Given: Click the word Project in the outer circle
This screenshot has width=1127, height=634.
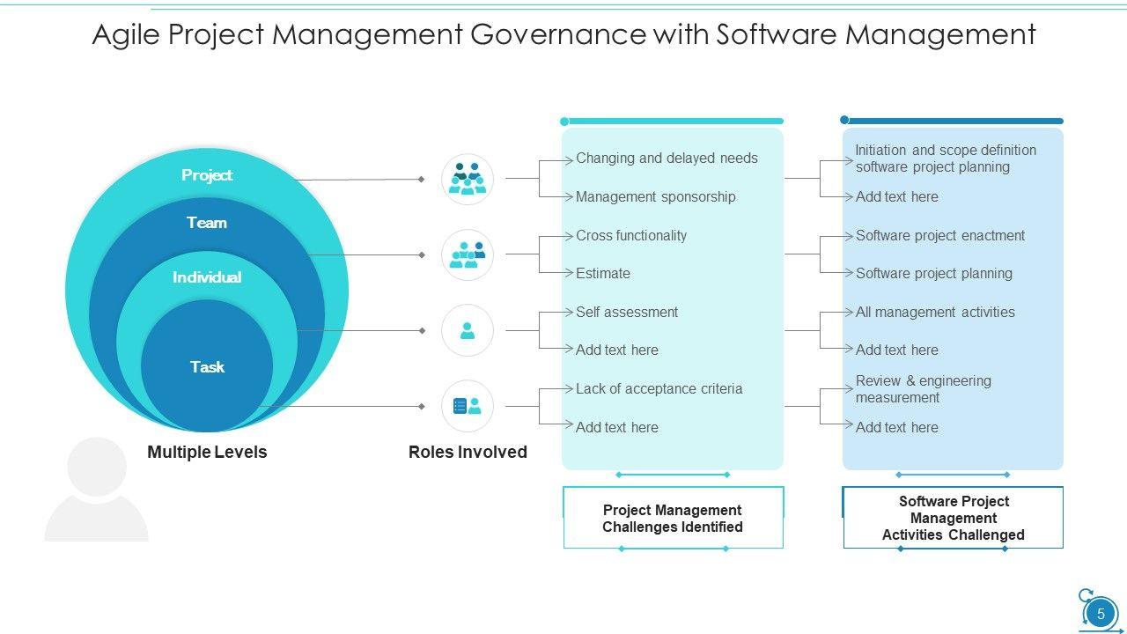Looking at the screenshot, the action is pos(207,175).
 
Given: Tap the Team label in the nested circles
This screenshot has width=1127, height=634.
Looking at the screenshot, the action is pos(207,223).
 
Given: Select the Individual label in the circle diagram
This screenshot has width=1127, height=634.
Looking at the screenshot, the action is pos(207,277).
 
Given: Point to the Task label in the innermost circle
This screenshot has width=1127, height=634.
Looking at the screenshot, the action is pos(207,367).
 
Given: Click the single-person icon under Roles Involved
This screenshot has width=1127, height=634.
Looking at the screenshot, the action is pos(468,331).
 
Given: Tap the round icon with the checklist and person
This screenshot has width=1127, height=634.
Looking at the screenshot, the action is pos(468,406).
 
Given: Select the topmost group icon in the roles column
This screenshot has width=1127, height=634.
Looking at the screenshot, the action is pos(468,179).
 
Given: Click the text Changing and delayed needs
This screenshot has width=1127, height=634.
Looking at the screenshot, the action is pos(667,158).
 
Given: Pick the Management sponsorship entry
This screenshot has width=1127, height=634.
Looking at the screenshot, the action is pos(655,197).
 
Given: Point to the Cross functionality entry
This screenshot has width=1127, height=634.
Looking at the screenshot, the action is pos(631,236).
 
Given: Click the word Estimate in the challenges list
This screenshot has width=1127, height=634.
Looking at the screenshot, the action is pos(603,274).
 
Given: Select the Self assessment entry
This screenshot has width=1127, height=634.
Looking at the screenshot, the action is pos(627,313).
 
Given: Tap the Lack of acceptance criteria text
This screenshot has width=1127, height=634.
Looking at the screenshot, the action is pos(659,389).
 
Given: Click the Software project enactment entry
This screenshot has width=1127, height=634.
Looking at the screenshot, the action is pos(940,236).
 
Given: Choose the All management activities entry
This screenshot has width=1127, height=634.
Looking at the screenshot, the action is pos(935,313).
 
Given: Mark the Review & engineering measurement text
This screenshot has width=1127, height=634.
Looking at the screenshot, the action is pos(923,389).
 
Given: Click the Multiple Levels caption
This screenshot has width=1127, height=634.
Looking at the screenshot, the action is pos(207,453).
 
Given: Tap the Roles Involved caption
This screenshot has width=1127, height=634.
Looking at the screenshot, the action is pos(468,453).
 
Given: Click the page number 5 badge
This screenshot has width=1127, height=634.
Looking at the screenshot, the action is pos(1100,614).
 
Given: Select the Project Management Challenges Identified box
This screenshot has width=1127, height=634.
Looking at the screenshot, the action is pos(673,519).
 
